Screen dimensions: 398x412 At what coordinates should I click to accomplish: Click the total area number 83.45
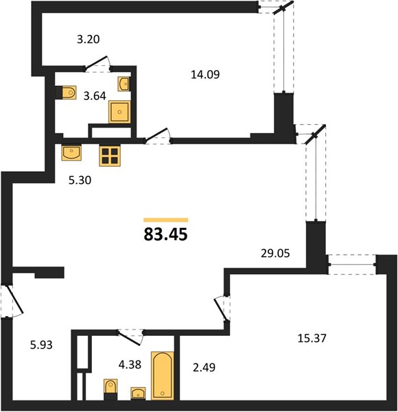pos(165,234)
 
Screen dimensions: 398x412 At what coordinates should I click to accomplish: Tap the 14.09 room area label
pos(205,75)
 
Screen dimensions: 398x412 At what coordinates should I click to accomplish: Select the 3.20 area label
pos(89,39)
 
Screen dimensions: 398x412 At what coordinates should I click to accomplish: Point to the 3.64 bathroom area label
pos(95,96)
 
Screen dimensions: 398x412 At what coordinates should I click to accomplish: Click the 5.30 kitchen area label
pos(80,180)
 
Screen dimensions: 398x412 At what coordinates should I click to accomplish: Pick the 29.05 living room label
pos(275,253)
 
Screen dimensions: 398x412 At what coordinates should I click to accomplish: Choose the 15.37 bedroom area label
pos(312,338)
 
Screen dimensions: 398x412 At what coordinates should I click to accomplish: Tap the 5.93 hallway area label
pos(41,345)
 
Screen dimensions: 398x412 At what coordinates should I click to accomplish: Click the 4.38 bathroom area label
pos(130,365)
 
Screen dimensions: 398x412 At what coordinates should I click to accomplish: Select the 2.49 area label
pos(204,367)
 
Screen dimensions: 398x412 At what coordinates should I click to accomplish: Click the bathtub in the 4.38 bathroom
pos(163,376)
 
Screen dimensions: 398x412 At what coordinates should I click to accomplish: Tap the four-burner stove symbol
pos(110,156)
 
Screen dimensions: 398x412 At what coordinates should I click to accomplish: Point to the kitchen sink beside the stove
pos(71,152)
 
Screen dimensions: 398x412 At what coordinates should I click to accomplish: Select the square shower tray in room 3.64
pos(119,112)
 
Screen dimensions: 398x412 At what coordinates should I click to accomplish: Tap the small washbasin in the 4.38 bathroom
pos(138,393)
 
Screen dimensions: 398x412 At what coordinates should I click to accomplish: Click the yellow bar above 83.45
pos(165,220)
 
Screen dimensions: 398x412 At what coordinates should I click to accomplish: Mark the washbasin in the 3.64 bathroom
pos(124,84)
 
